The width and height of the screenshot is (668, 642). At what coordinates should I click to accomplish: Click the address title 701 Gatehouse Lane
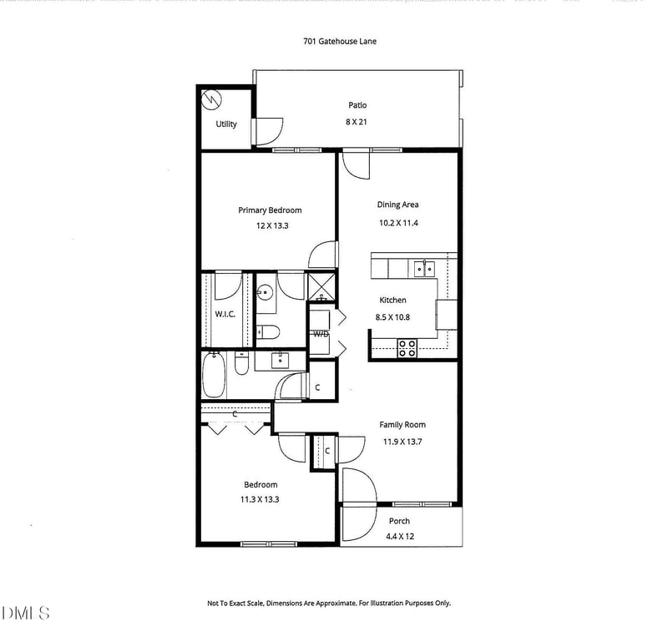pos(340,41)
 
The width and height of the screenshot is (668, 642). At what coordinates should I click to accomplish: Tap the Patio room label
pos(357,105)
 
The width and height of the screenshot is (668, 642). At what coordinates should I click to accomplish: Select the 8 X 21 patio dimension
pos(357,122)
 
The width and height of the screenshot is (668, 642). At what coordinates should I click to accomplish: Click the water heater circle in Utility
pos(212,99)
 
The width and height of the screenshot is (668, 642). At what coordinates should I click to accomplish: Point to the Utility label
pos(226,124)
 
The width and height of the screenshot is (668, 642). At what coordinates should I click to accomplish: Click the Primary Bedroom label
pos(270,210)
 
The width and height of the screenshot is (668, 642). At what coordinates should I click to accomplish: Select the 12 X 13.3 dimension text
pos(272,225)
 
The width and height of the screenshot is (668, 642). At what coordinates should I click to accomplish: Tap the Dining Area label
pos(397,205)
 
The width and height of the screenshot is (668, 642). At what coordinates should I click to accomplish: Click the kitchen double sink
pos(424,270)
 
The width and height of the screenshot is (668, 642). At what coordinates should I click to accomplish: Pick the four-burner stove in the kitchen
pos(407,348)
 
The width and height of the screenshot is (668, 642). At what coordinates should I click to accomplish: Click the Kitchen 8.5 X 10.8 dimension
pos(392,317)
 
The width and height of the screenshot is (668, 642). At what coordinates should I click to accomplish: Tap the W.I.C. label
pos(225,315)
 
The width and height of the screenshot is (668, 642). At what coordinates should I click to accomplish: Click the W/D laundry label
pos(321,334)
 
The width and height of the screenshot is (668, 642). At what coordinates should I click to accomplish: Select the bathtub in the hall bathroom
pos(214,375)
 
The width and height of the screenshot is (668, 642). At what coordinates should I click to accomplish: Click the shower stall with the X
pos(321,286)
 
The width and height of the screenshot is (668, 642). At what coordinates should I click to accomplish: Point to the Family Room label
pos(402,425)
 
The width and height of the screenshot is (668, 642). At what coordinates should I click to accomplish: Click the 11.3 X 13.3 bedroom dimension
pos(260,499)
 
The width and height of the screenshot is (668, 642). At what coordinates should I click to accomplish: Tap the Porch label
pos(399,521)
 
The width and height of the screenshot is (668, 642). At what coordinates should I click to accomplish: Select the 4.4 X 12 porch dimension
pos(400,536)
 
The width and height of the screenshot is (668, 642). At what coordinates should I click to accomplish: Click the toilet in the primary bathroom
pos(268,332)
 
